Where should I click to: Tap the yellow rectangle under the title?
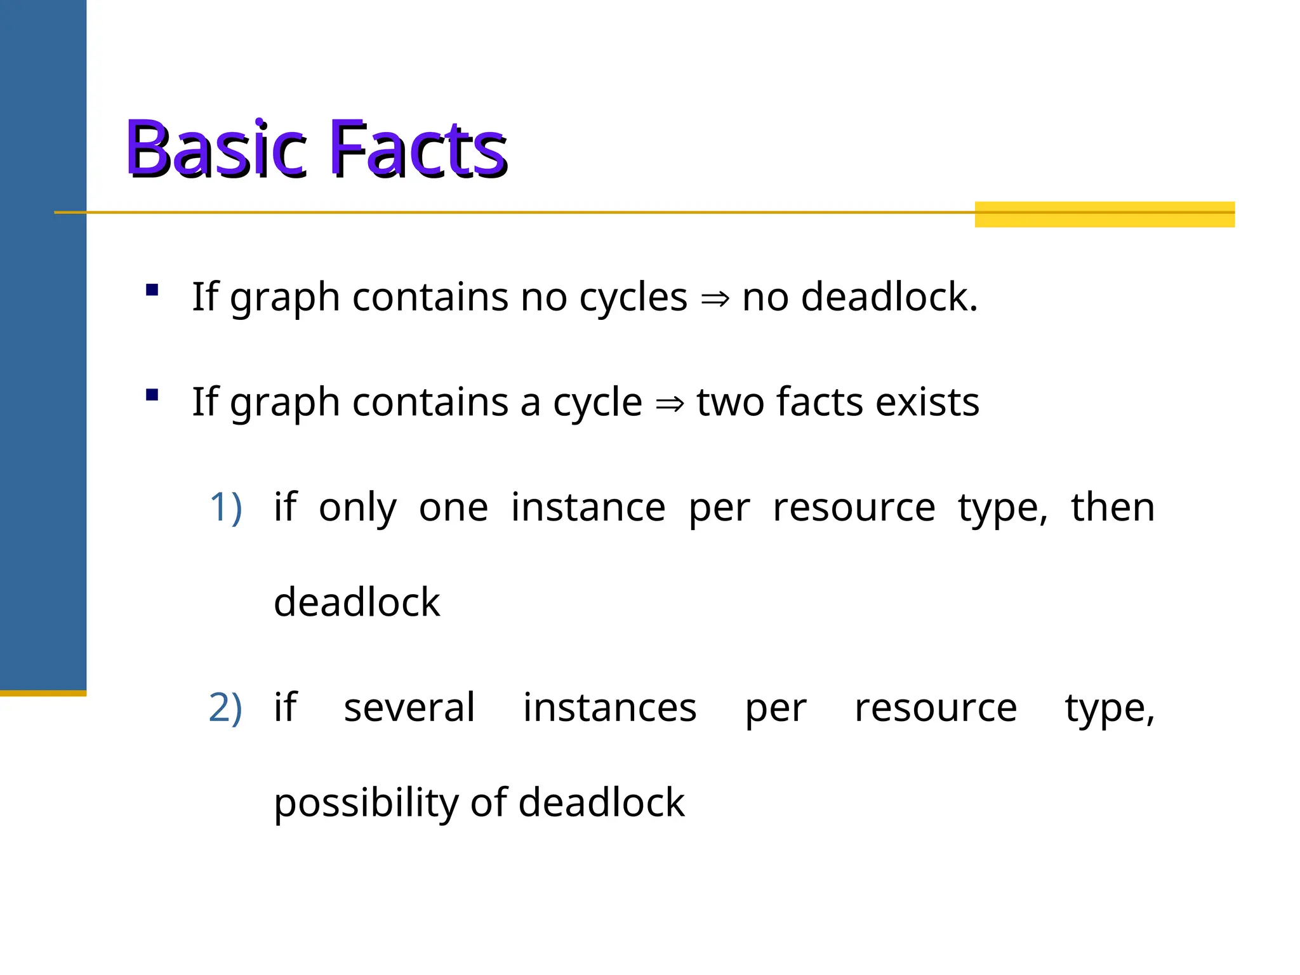click(x=1104, y=215)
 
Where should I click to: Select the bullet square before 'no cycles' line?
click(x=152, y=290)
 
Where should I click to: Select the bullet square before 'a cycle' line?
click(x=152, y=395)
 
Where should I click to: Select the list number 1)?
click(x=225, y=507)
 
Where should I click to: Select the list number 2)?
click(x=225, y=708)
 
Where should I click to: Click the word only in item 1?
click(x=357, y=508)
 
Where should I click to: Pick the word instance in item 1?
click(x=588, y=507)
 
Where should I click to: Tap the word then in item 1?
click(x=1112, y=507)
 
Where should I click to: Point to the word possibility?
click(x=366, y=803)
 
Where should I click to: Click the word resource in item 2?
click(x=935, y=708)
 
